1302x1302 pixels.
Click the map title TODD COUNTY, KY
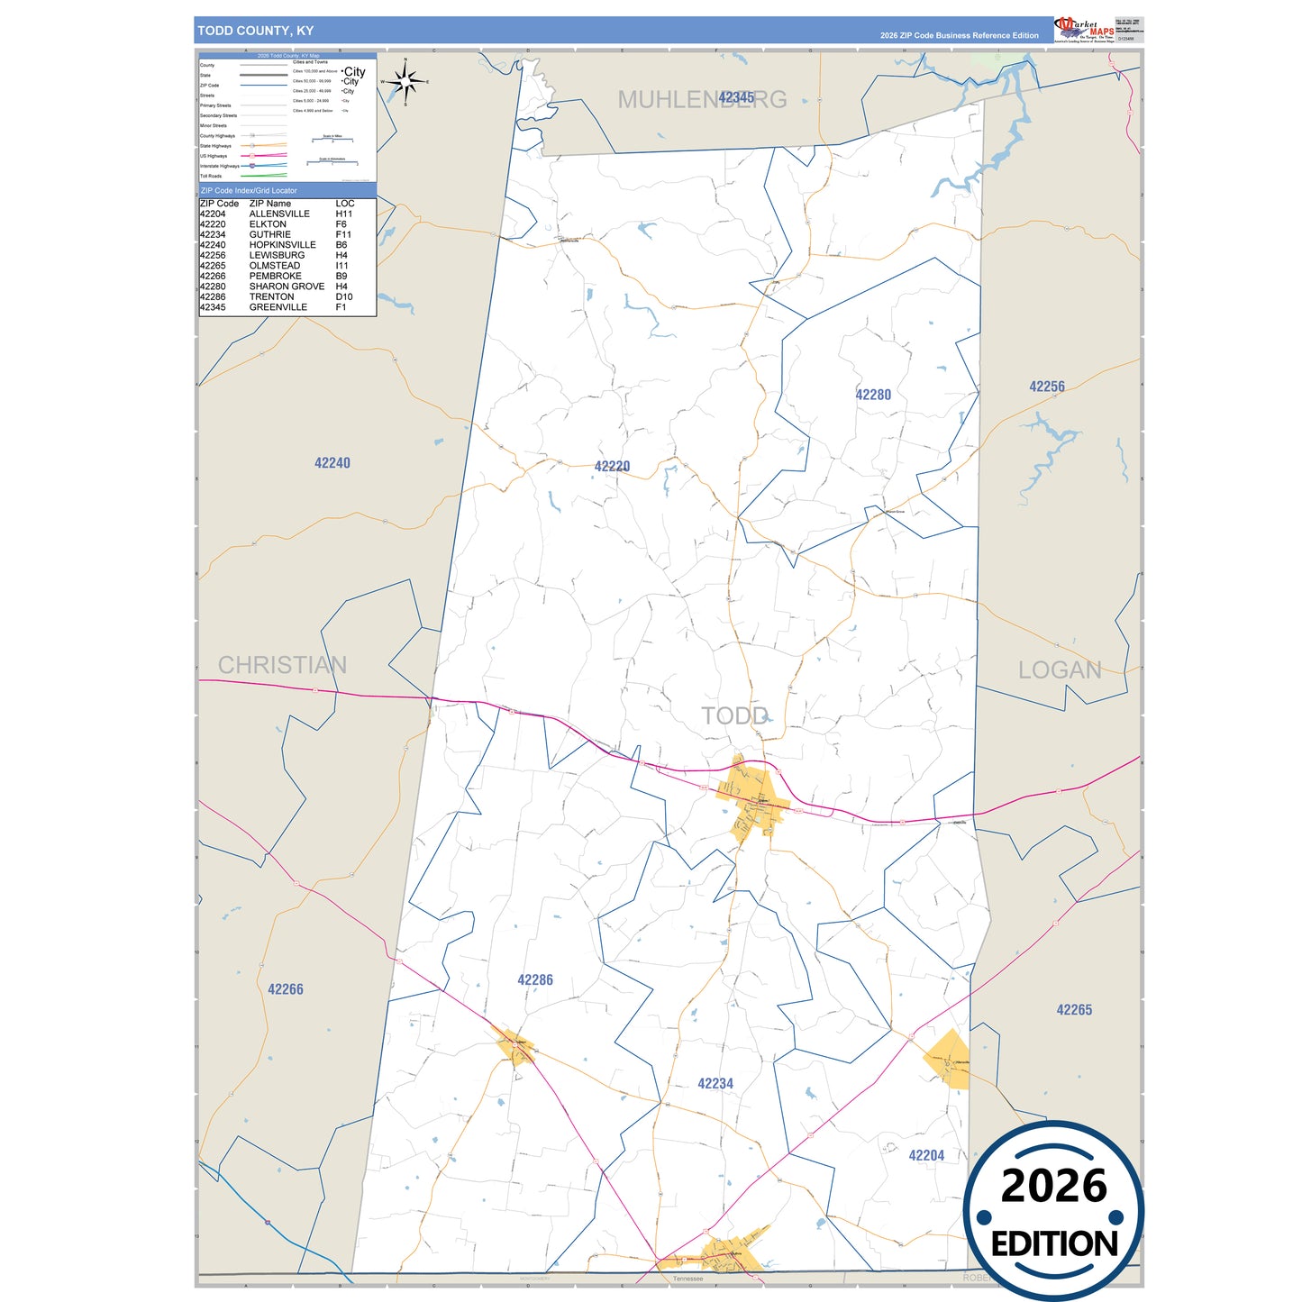(x=255, y=31)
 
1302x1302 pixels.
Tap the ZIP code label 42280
(x=872, y=395)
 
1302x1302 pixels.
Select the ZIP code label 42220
(x=612, y=466)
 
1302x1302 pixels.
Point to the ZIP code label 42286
(x=534, y=980)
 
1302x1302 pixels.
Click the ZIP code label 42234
(x=715, y=1084)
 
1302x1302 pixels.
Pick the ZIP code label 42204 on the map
(x=925, y=1155)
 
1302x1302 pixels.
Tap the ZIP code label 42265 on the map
(x=1073, y=1010)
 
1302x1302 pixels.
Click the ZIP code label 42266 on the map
(x=285, y=989)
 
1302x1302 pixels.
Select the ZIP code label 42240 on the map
(x=332, y=463)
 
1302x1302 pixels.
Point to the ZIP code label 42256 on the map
(x=1046, y=387)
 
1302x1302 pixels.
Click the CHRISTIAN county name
(x=282, y=665)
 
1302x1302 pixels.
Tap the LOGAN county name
(x=1059, y=670)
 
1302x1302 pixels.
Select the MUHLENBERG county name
(x=701, y=99)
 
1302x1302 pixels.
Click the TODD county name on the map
(x=734, y=716)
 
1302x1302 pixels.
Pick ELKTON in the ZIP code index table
(x=268, y=224)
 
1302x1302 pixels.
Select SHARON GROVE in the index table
(x=287, y=287)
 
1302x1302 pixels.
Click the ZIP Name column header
(x=269, y=204)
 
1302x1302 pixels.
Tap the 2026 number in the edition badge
(x=1053, y=1186)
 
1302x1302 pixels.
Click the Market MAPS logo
(x=1084, y=29)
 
